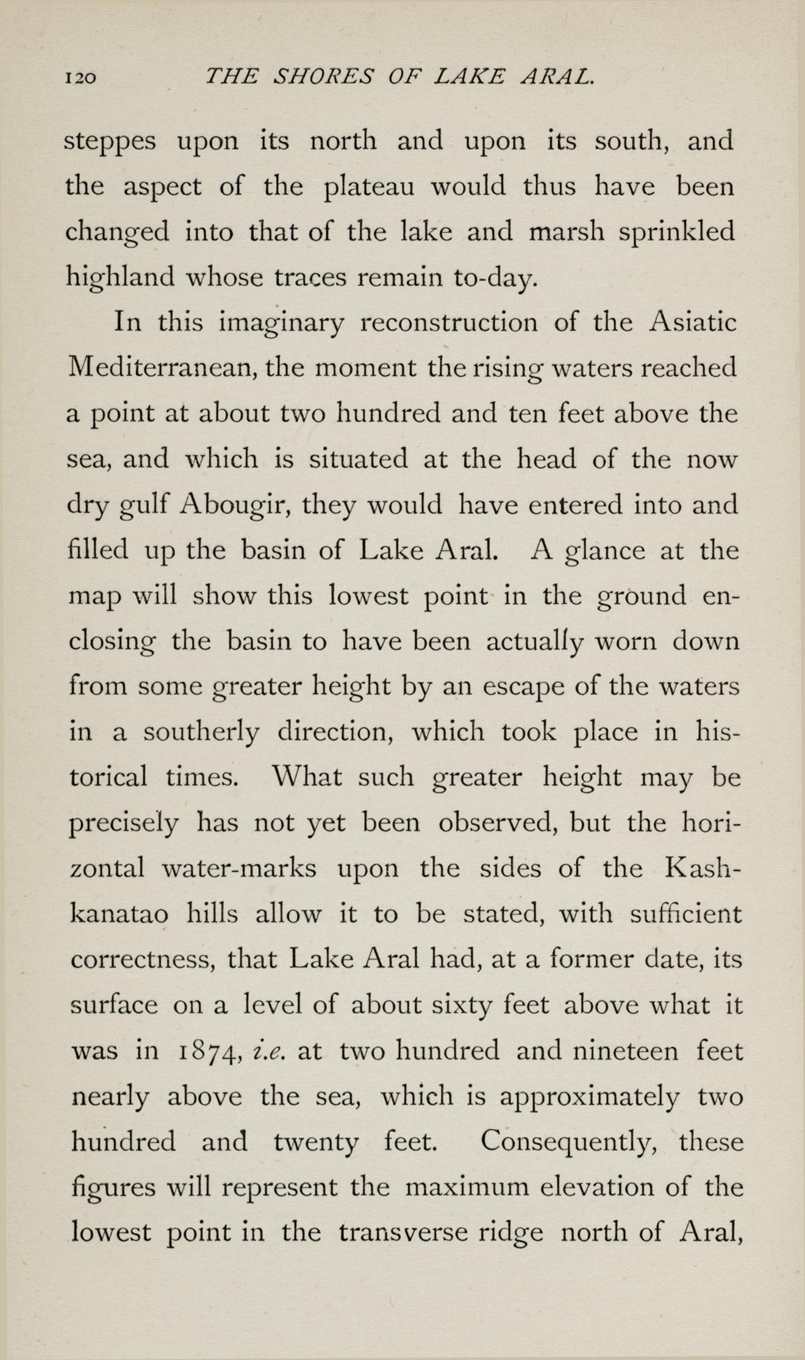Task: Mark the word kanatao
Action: [x=120, y=915]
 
